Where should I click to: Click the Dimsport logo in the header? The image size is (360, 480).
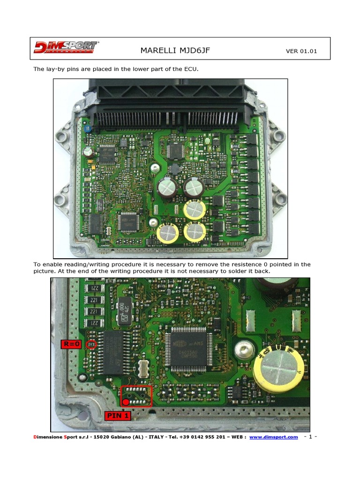click(x=66, y=47)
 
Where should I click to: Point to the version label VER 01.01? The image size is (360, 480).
click(x=301, y=51)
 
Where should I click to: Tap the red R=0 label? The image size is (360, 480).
click(x=71, y=345)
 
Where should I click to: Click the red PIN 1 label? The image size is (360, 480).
click(x=118, y=415)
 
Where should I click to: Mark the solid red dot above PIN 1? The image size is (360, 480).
click(x=126, y=402)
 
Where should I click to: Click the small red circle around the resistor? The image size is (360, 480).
click(x=92, y=345)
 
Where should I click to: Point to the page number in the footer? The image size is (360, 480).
click(x=311, y=437)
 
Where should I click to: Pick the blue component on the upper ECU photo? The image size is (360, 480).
click(x=87, y=127)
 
